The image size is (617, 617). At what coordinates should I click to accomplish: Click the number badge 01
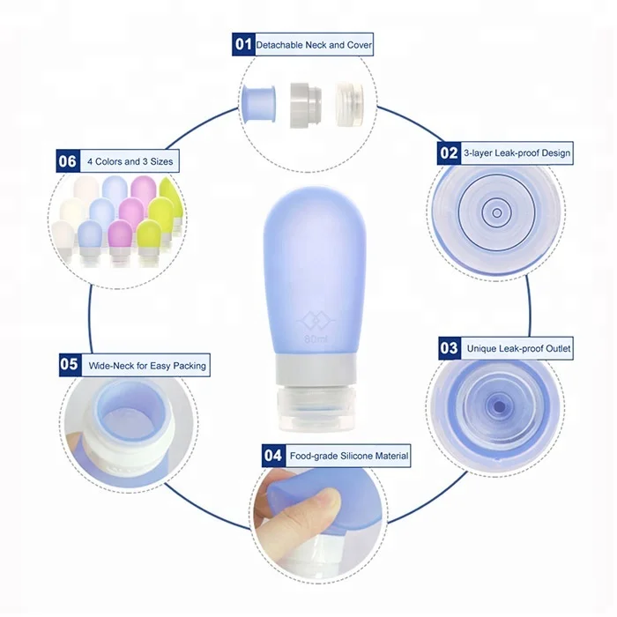[x=242, y=44]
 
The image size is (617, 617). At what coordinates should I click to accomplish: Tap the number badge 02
[x=450, y=152]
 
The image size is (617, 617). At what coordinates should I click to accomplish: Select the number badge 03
[x=450, y=348]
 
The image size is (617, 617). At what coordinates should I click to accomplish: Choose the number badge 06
[x=68, y=161]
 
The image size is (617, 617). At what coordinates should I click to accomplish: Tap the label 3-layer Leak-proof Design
[x=517, y=153]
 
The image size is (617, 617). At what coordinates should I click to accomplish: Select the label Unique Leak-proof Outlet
[x=518, y=349]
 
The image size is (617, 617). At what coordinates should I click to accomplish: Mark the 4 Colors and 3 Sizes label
[x=130, y=162]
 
